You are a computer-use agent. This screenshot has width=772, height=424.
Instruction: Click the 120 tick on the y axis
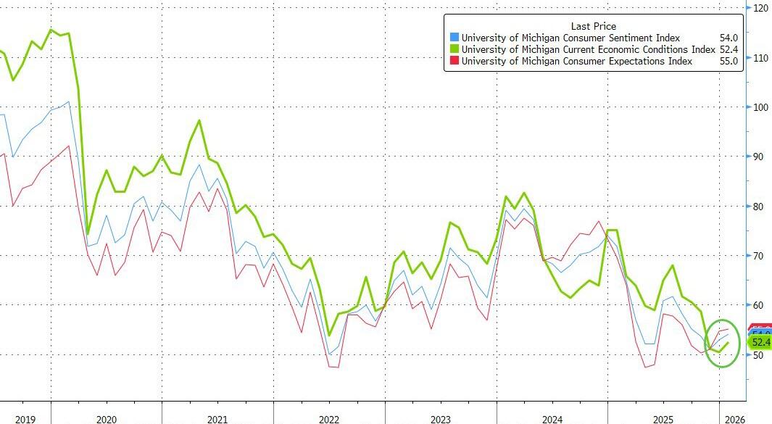coord(761,8)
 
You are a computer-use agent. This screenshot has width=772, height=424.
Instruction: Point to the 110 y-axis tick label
coord(761,58)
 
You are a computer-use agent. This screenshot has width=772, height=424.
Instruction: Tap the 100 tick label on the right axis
coord(761,107)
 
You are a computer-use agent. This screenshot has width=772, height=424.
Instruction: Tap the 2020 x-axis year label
coord(106,418)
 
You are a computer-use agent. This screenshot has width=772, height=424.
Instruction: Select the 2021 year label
coord(217,418)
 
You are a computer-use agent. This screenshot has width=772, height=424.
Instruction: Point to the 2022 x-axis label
coord(328,418)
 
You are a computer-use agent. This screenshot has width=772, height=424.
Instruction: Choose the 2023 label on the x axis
coord(440,418)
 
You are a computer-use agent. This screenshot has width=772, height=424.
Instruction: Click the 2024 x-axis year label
coord(552,418)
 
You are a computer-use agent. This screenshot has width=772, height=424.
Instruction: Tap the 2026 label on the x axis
coord(732,418)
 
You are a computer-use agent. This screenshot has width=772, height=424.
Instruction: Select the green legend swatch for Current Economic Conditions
coord(455,50)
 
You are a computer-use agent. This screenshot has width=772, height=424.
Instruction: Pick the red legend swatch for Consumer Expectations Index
coord(455,62)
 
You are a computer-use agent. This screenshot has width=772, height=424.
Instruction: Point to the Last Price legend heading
coord(593,26)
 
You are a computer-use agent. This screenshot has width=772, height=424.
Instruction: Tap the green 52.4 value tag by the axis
coord(760,342)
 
